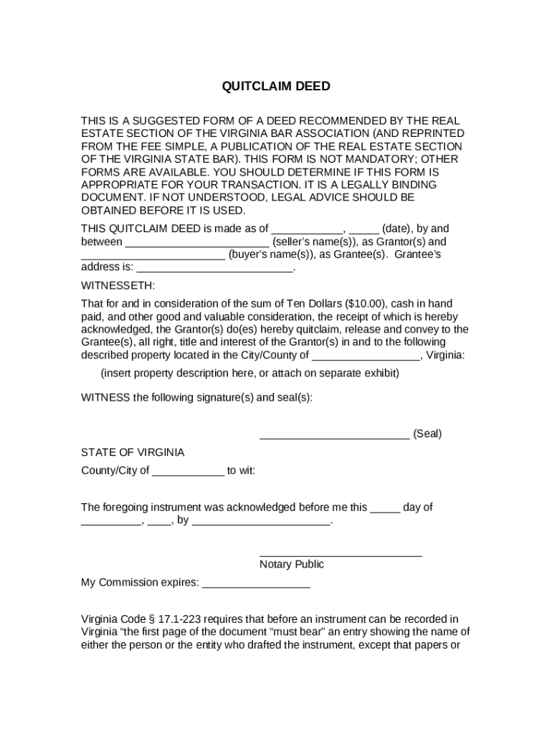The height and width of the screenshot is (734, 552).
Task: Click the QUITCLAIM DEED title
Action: (x=276, y=87)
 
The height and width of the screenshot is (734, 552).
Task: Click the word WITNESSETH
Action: (x=118, y=285)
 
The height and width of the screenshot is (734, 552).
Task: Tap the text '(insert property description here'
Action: (x=179, y=373)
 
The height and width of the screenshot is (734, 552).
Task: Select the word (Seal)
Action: (x=427, y=434)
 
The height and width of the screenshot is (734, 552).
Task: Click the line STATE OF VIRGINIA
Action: (x=133, y=453)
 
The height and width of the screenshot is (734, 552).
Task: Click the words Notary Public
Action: (x=292, y=565)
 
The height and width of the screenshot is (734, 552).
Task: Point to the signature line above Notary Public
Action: (x=341, y=555)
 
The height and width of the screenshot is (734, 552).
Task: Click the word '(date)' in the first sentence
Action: (x=397, y=229)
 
